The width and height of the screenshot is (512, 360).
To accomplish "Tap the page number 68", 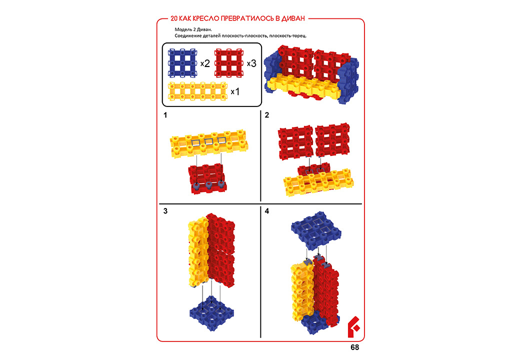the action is tap(355, 347).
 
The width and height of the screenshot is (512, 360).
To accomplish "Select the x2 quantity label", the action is tap(205, 63).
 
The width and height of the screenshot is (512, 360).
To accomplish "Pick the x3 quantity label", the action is tap(251, 63).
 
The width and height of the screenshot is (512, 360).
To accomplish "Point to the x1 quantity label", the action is tap(235, 92).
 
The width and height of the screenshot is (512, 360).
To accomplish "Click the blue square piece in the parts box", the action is tap(182, 63).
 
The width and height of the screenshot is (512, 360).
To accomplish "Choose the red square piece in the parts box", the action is tap(229, 63).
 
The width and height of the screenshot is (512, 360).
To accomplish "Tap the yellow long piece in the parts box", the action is tap(197, 91).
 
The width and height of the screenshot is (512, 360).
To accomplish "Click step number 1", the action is tap(165, 115).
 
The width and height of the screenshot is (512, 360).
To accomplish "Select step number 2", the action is tap(267, 115).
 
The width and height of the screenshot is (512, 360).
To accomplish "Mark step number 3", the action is tap(165, 211).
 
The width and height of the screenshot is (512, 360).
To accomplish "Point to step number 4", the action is tap(267, 211).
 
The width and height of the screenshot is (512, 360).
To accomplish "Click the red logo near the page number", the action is tap(353, 326).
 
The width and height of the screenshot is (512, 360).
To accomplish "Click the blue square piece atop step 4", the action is tap(316, 230).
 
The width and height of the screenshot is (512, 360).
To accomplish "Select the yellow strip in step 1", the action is tap(209, 143).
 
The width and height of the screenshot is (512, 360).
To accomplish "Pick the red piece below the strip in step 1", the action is tap(207, 179).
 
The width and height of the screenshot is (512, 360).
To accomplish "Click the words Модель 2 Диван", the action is tap(193, 29).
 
